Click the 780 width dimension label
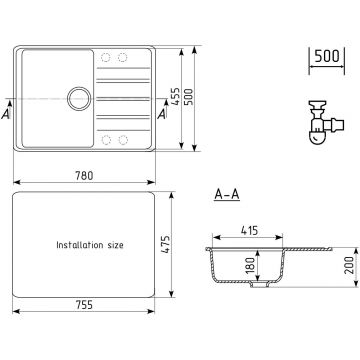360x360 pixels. click(x=84, y=175)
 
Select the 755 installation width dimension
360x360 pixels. click(x=84, y=304)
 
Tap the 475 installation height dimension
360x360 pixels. click(x=165, y=245)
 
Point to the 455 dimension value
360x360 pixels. click(x=175, y=97)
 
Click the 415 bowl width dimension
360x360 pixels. click(x=249, y=230)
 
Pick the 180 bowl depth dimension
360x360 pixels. click(x=251, y=265)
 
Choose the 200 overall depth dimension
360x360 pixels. click(x=349, y=265)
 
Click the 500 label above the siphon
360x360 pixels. click(x=327, y=56)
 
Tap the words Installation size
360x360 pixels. click(x=90, y=245)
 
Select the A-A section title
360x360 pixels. click(x=227, y=195)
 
